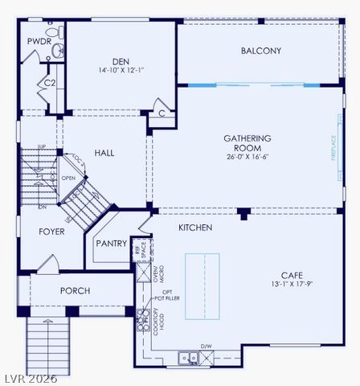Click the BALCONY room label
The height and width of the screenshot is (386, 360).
(x=261, y=51)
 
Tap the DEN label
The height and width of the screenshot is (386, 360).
(x=121, y=61)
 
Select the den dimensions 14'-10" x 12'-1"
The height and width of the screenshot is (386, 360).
(x=121, y=71)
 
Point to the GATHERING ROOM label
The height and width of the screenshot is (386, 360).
(x=247, y=142)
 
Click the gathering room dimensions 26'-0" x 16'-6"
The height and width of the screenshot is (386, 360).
(x=247, y=157)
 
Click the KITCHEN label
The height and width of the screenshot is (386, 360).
(x=195, y=228)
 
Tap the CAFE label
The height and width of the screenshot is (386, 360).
(x=292, y=274)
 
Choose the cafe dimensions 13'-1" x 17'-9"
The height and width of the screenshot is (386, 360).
(x=292, y=284)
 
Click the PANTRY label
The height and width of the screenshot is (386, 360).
(x=111, y=244)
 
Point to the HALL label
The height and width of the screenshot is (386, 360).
(x=104, y=152)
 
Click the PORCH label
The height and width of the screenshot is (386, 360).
(x=75, y=291)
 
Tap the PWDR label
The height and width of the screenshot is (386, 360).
(x=38, y=41)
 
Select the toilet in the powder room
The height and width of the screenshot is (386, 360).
(x=57, y=51)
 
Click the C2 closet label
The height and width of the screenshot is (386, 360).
(x=49, y=83)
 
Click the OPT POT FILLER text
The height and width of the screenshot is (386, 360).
(x=167, y=295)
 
